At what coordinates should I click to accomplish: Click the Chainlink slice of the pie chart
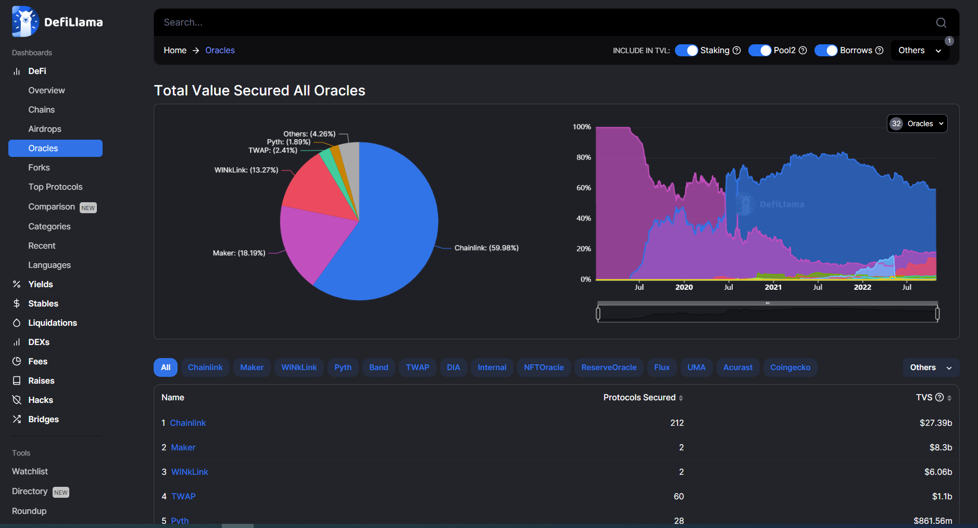(391, 235)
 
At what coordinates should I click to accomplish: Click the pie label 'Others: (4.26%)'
(309, 134)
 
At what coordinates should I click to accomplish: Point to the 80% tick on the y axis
(584, 157)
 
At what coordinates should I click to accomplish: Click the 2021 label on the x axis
(773, 287)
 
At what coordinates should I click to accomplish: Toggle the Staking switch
(686, 51)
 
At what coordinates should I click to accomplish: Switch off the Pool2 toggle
(760, 51)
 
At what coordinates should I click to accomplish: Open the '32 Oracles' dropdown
(917, 124)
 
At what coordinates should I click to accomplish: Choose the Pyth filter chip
(343, 367)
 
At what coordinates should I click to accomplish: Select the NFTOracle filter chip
(544, 367)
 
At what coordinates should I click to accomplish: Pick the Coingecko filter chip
(790, 367)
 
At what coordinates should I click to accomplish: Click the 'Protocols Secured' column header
(640, 398)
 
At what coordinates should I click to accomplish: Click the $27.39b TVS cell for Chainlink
(935, 423)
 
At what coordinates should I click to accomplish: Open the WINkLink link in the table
(190, 472)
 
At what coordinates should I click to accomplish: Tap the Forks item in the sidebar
(39, 167)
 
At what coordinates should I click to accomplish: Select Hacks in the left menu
(41, 400)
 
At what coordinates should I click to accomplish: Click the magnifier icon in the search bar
(941, 22)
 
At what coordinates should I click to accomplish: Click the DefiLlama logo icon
(25, 22)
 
